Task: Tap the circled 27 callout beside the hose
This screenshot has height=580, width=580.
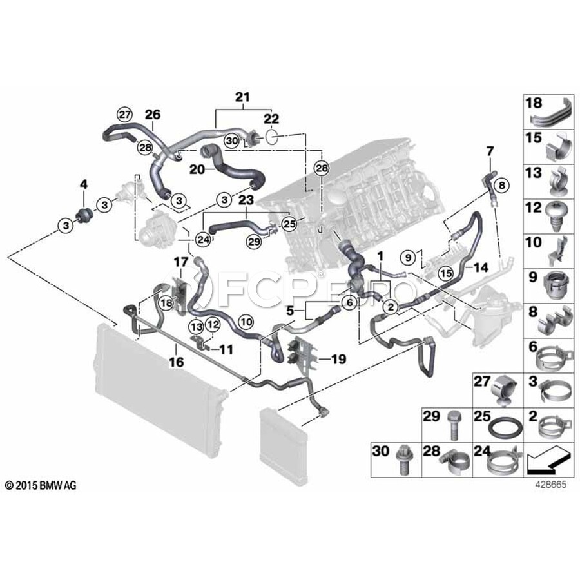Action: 124,114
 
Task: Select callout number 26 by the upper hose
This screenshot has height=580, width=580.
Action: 152,115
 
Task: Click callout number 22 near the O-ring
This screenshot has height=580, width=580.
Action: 271,119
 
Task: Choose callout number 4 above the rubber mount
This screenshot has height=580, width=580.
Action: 83,185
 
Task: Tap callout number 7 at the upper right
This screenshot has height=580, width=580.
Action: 489,151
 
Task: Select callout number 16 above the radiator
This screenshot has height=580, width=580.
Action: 176,363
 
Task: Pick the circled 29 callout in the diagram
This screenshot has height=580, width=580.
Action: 254,240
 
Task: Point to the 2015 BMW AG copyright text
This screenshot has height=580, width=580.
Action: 40,485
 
